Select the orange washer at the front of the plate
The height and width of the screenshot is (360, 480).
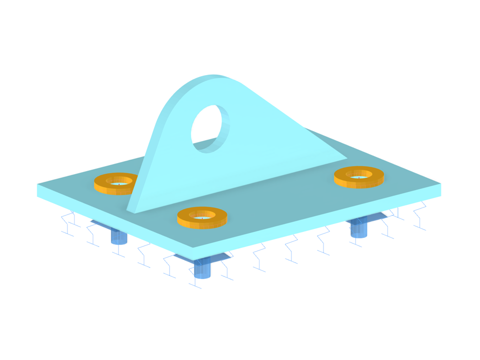coord(202,217)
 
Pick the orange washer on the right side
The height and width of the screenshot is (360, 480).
coord(358,176)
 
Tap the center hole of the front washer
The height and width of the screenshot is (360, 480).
coord(202,215)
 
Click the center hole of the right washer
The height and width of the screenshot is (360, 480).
coord(358,174)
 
